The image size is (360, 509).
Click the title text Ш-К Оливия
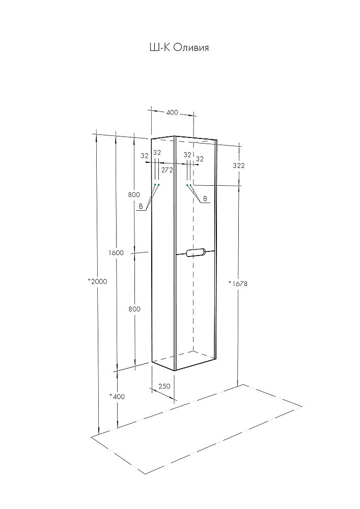pyautogui.click(x=179, y=48)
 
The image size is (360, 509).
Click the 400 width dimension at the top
pyautogui.click(x=172, y=112)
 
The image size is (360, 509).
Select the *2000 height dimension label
pyautogui.click(x=97, y=281)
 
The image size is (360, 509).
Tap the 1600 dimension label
pyautogui.click(x=116, y=252)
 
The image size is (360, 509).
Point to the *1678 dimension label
pyautogui.click(x=238, y=284)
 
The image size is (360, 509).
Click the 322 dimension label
pyautogui.click(x=239, y=165)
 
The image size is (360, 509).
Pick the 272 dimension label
pyautogui.click(x=167, y=169)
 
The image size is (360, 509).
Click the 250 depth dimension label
pyautogui.click(x=164, y=386)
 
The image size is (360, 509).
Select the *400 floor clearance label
pyautogui.click(x=117, y=397)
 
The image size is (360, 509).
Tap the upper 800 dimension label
pyautogui.click(x=134, y=195)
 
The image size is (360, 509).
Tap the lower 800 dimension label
pyautogui.click(x=134, y=309)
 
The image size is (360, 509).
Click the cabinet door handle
pyautogui.click(x=195, y=253)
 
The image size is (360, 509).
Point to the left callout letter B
pyautogui.click(x=141, y=206)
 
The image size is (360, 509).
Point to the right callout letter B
pyautogui.click(x=205, y=199)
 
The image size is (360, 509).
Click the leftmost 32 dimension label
pyautogui.click(x=145, y=156)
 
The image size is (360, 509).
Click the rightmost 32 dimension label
pyautogui.click(x=200, y=159)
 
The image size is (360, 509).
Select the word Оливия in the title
pyautogui.click(x=191, y=48)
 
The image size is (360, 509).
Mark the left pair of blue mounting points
pyautogui.click(x=157, y=185)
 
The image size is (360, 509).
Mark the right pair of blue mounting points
pyautogui.click(x=189, y=185)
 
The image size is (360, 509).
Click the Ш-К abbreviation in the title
pyautogui.click(x=159, y=48)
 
